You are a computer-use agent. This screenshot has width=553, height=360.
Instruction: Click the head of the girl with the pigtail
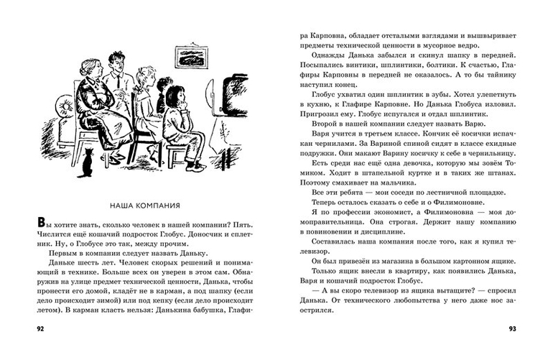pyautogui.click(x=176, y=93)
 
